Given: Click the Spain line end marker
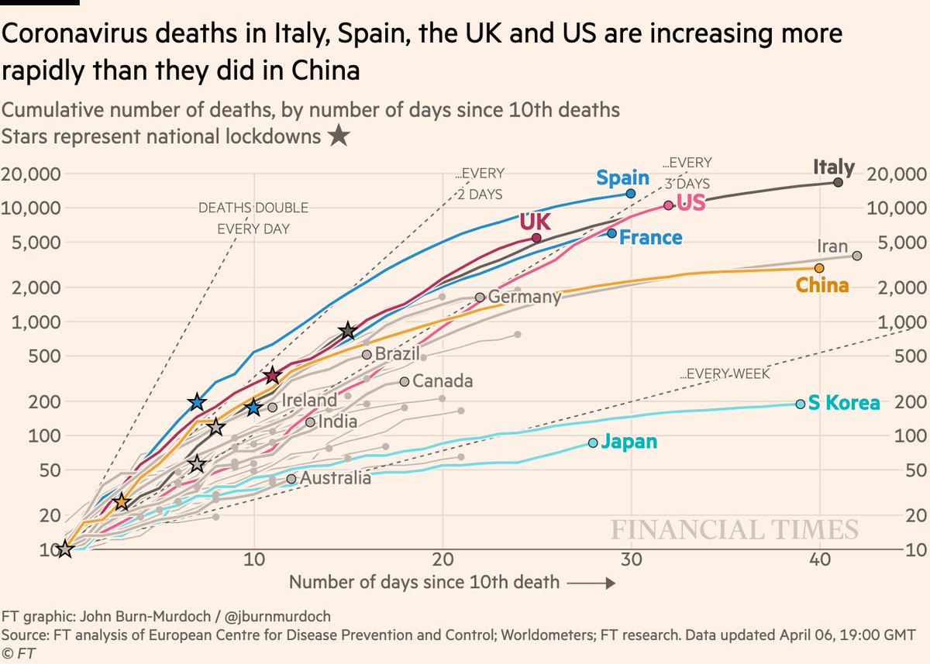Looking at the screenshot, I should (x=630, y=194).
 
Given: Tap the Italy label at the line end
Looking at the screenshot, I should (x=834, y=167).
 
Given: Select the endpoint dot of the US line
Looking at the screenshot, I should (x=668, y=205).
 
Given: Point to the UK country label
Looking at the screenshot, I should (x=535, y=222).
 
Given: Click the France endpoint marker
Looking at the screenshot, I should (x=612, y=233).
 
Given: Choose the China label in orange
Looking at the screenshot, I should (x=822, y=286).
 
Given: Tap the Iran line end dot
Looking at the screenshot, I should (x=856, y=256).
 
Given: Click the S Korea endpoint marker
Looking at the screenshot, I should (x=800, y=404).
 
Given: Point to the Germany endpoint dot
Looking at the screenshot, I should (x=480, y=297).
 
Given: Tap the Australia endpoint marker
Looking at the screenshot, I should (x=291, y=479).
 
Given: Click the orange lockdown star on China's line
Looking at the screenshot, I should (x=121, y=502).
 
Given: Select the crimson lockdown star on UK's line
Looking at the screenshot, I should (x=272, y=376).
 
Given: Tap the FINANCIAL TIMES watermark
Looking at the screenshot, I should (x=735, y=530).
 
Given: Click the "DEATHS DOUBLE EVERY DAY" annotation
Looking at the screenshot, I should (x=253, y=218).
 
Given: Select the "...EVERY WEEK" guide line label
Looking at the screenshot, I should (x=725, y=374).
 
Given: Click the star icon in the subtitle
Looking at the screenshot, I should (x=337, y=137).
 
